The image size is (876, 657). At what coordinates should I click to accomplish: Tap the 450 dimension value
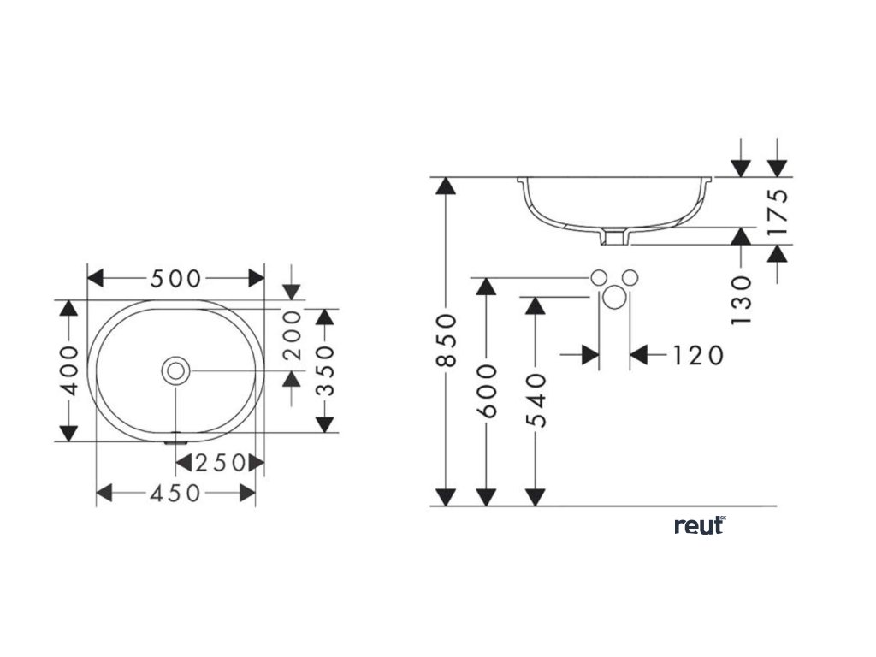point(175,493)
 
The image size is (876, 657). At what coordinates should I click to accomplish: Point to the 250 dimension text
point(220,463)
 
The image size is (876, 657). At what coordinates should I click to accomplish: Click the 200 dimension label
point(292,335)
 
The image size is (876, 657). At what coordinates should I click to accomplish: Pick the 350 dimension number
point(323,370)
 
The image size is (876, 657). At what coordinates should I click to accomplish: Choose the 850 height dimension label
point(445,340)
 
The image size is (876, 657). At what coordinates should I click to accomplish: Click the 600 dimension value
point(486,391)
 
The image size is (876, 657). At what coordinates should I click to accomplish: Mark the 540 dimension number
point(536,400)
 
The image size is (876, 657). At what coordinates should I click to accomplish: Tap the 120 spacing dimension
point(695,354)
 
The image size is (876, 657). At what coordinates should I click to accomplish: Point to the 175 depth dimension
point(777,211)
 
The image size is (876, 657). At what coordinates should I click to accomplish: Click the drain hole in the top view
point(176,370)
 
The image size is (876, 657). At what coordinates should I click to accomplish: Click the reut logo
point(700,525)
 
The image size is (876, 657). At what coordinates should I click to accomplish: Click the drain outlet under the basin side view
point(613,237)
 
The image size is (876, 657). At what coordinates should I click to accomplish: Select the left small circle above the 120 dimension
point(600,276)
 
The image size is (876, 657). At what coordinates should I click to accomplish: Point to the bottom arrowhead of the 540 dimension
point(536,496)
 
